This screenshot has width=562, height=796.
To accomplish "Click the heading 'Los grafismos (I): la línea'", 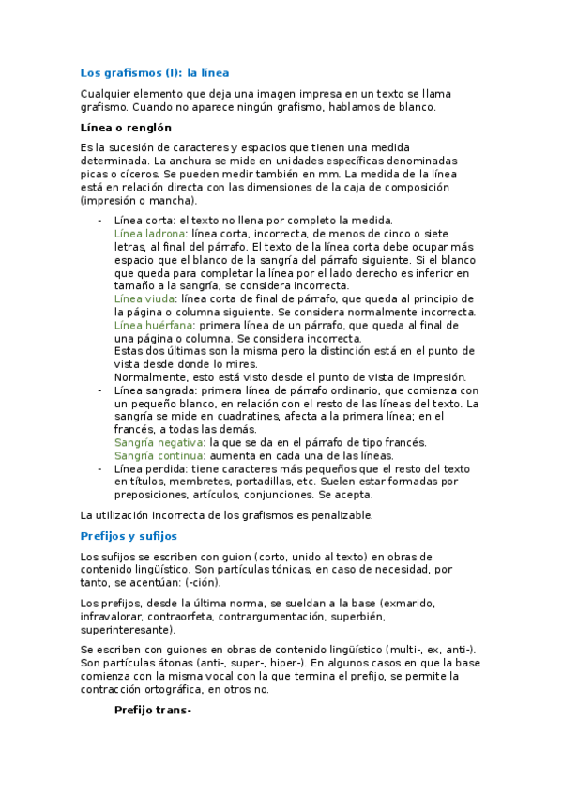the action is coord(155,72).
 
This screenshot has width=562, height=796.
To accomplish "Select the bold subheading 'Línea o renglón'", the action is coord(126,128).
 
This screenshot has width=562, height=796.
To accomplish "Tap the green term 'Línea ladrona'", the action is coord(149,233).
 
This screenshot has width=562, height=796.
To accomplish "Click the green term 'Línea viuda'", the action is coord(145,298).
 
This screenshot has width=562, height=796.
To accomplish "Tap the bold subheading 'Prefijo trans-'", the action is coord(152,710).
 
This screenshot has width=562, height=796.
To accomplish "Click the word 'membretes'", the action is coord(202,482).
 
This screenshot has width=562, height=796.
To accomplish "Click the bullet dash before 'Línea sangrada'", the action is coord(99,390).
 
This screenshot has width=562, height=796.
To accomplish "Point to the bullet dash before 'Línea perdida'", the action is coord(99,468).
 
